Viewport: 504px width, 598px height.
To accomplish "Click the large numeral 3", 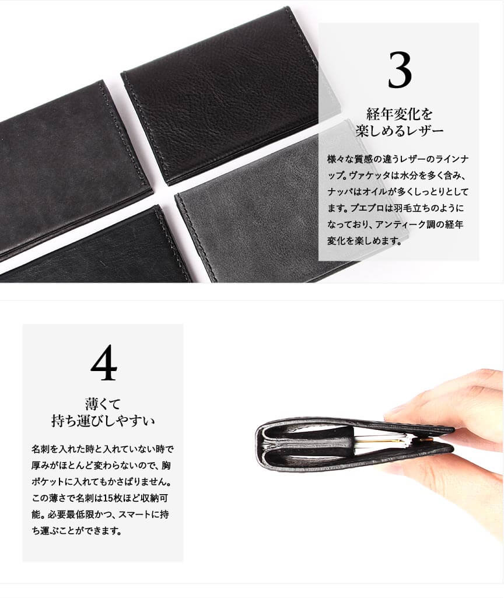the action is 400,70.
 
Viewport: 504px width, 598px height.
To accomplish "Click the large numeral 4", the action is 103,362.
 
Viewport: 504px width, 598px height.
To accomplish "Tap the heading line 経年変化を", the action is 399,114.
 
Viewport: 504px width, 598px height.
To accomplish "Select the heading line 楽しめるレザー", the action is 399,131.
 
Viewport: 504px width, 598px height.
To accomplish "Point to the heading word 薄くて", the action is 103,404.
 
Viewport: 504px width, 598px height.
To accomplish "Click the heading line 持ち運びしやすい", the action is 103,421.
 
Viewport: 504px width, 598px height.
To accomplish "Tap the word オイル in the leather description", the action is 370,192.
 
